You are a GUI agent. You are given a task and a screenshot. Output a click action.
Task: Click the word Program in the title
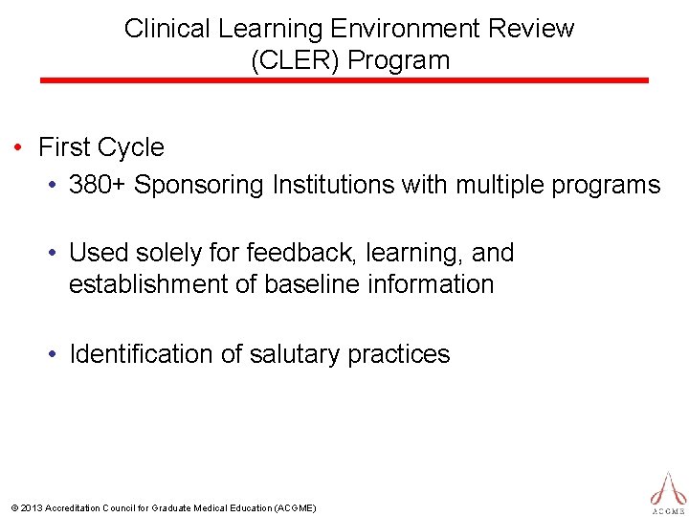click(x=399, y=61)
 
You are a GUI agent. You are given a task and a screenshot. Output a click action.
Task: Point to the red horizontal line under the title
click(x=344, y=80)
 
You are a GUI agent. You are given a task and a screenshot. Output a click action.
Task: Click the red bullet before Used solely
click(x=56, y=254)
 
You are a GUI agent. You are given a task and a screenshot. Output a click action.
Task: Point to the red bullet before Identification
click(x=56, y=355)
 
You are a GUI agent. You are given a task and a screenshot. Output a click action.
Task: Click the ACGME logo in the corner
click(x=668, y=490)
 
